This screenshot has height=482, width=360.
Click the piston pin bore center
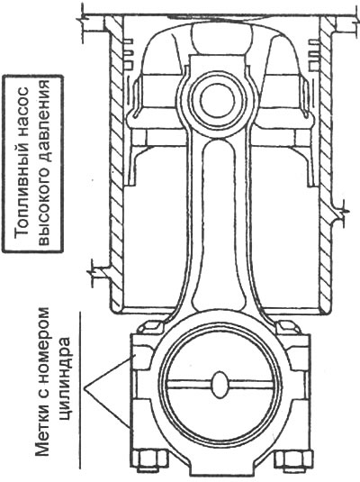[x=218, y=101]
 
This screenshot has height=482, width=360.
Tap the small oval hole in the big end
[x=220, y=384]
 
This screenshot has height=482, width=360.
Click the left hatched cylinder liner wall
[x=117, y=163]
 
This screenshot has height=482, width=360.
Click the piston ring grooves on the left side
[x=129, y=53]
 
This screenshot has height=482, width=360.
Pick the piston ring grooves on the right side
[x=313, y=53]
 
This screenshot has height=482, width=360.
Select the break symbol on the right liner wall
[x=343, y=212]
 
